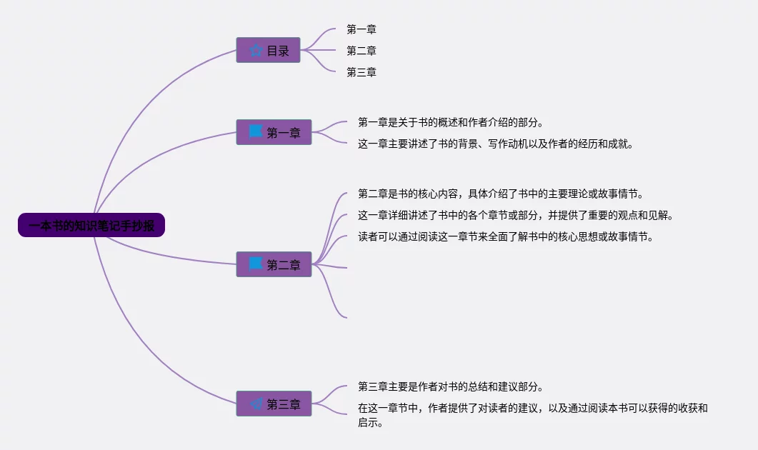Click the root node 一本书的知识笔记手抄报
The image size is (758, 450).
coord(91,226)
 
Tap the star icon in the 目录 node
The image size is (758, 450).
coord(256,51)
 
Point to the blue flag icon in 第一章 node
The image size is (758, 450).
coord(256,131)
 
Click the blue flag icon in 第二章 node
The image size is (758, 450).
coord(256,264)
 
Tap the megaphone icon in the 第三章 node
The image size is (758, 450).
coord(256,404)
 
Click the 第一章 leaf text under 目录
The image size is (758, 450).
coord(361,29)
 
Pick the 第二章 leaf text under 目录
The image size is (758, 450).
coord(361,51)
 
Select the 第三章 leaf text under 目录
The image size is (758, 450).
coord(361,72)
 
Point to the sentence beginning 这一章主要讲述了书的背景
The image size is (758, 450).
coord(496,144)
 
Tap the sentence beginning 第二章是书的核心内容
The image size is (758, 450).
coord(501,194)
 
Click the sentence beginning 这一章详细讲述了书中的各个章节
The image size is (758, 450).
coord(516,215)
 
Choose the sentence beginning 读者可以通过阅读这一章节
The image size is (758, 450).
coord(506,236)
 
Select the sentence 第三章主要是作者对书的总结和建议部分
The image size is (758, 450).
coord(450,386)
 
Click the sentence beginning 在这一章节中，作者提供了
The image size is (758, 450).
coord(532,408)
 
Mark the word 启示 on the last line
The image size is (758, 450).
coord(368,422)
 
